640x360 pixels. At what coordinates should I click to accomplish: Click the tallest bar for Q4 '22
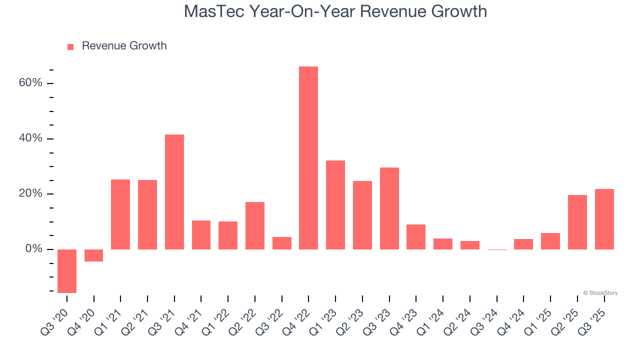coord(308,158)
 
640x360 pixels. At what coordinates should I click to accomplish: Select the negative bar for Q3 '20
coord(67,271)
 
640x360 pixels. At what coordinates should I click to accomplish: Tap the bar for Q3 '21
coord(174,192)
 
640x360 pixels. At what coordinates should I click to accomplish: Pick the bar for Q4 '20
coord(94,255)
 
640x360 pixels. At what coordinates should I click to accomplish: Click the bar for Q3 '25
coord(604,219)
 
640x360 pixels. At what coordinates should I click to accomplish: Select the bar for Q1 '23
coord(335,205)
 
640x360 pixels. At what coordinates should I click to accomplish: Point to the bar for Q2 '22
coord(255,225)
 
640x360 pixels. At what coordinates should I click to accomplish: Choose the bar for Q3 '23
coord(389,208)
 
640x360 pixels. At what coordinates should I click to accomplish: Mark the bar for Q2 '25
coord(577,222)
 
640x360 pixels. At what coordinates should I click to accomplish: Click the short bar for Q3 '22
coord(282,243)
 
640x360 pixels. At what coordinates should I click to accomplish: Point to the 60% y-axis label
coord(30,83)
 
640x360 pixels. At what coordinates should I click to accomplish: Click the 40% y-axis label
coord(30,138)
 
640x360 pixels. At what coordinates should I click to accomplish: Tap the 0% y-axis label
coord(33,249)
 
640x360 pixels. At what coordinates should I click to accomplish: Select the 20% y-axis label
coord(30,194)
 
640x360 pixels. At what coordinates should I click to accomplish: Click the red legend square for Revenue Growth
coord(70,46)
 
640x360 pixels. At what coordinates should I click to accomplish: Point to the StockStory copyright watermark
coord(600,293)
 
